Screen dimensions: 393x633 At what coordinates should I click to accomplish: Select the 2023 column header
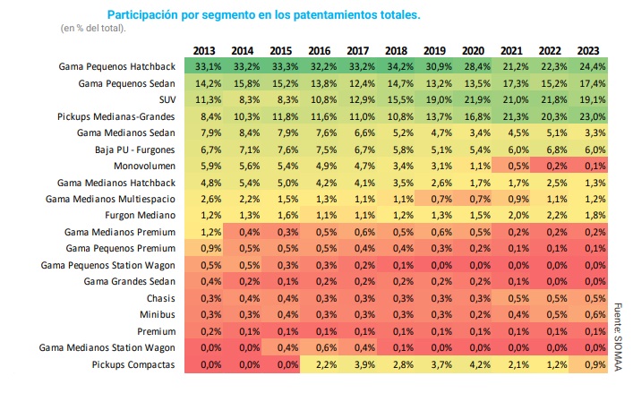pos(588,50)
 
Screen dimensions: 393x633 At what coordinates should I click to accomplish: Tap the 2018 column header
pos(397,50)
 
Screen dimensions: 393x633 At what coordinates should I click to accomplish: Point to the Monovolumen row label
pos(150,166)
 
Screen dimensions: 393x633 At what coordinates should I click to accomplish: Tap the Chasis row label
pos(162,298)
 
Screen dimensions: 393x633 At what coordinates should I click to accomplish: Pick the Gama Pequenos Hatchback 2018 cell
pos(397,66)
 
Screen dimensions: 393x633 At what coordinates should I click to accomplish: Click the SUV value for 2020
pos(474,99)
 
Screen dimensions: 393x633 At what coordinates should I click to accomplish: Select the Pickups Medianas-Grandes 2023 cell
pos(588,116)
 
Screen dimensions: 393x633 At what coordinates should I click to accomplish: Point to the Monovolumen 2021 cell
pos(512,166)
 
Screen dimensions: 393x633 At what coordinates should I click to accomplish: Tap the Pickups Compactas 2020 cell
pos(474,364)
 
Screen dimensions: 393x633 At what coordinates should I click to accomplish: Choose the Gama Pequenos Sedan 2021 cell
pos(512,83)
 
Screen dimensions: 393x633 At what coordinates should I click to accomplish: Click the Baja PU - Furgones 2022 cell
pos(550,150)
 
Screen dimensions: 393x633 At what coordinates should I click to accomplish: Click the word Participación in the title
pos(145,15)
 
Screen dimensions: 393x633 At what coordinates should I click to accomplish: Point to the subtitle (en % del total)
pos(93,29)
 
